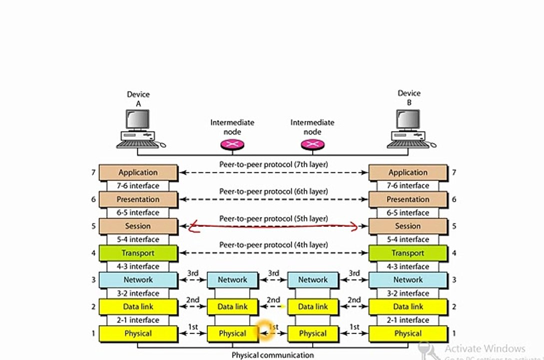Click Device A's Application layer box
point(138,172)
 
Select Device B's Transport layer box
point(408,253)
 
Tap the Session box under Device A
point(138,226)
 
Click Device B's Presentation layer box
point(408,199)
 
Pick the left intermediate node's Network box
point(232,280)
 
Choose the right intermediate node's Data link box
point(313,306)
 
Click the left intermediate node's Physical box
point(232,333)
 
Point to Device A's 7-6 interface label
point(138,185)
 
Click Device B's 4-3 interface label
point(408,266)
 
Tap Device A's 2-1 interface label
point(138,320)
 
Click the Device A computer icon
point(140,129)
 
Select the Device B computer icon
point(411,129)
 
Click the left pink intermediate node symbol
point(232,144)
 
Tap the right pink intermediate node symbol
point(313,144)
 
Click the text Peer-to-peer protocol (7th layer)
point(273,164)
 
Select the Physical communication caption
point(273,355)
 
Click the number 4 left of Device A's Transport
point(93,253)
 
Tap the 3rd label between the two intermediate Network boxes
point(273,273)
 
